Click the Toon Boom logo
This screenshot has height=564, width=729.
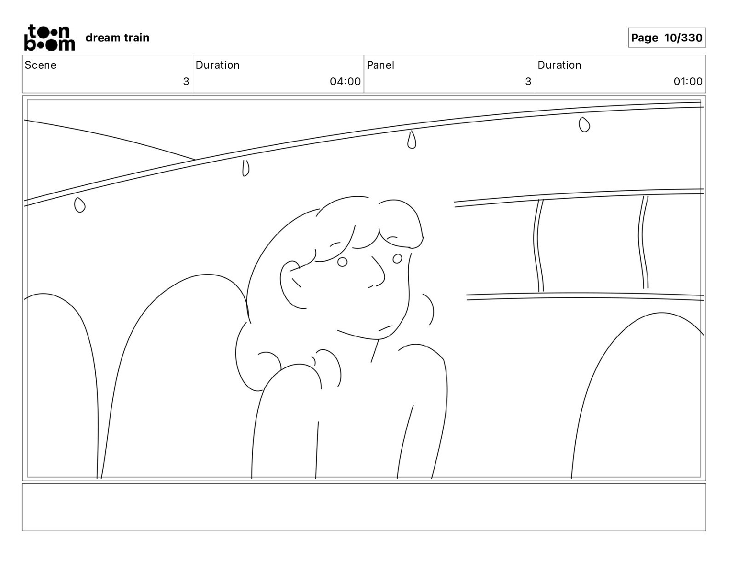click(49, 38)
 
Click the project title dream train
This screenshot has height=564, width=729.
click(117, 38)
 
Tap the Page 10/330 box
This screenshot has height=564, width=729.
click(666, 38)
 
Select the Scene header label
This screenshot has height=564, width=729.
click(40, 65)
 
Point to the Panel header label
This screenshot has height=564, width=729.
click(380, 65)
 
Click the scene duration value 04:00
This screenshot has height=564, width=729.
click(345, 82)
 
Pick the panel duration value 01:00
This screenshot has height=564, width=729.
click(688, 82)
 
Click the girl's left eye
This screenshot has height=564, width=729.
click(342, 262)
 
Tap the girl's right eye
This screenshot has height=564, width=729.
click(397, 258)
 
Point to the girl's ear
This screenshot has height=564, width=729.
click(292, 283)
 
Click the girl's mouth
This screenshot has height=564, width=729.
click(386, 328)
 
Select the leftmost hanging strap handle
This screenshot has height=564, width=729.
click(80, 205)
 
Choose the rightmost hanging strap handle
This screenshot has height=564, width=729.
click(584, 124)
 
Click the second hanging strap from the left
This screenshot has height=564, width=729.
click(246, 168)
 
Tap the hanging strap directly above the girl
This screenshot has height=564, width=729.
click(411, 140)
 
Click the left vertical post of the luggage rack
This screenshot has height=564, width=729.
click(538, 247)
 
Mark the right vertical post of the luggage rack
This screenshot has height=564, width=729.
click(643, 243)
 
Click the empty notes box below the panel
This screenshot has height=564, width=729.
click(364, 507)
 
